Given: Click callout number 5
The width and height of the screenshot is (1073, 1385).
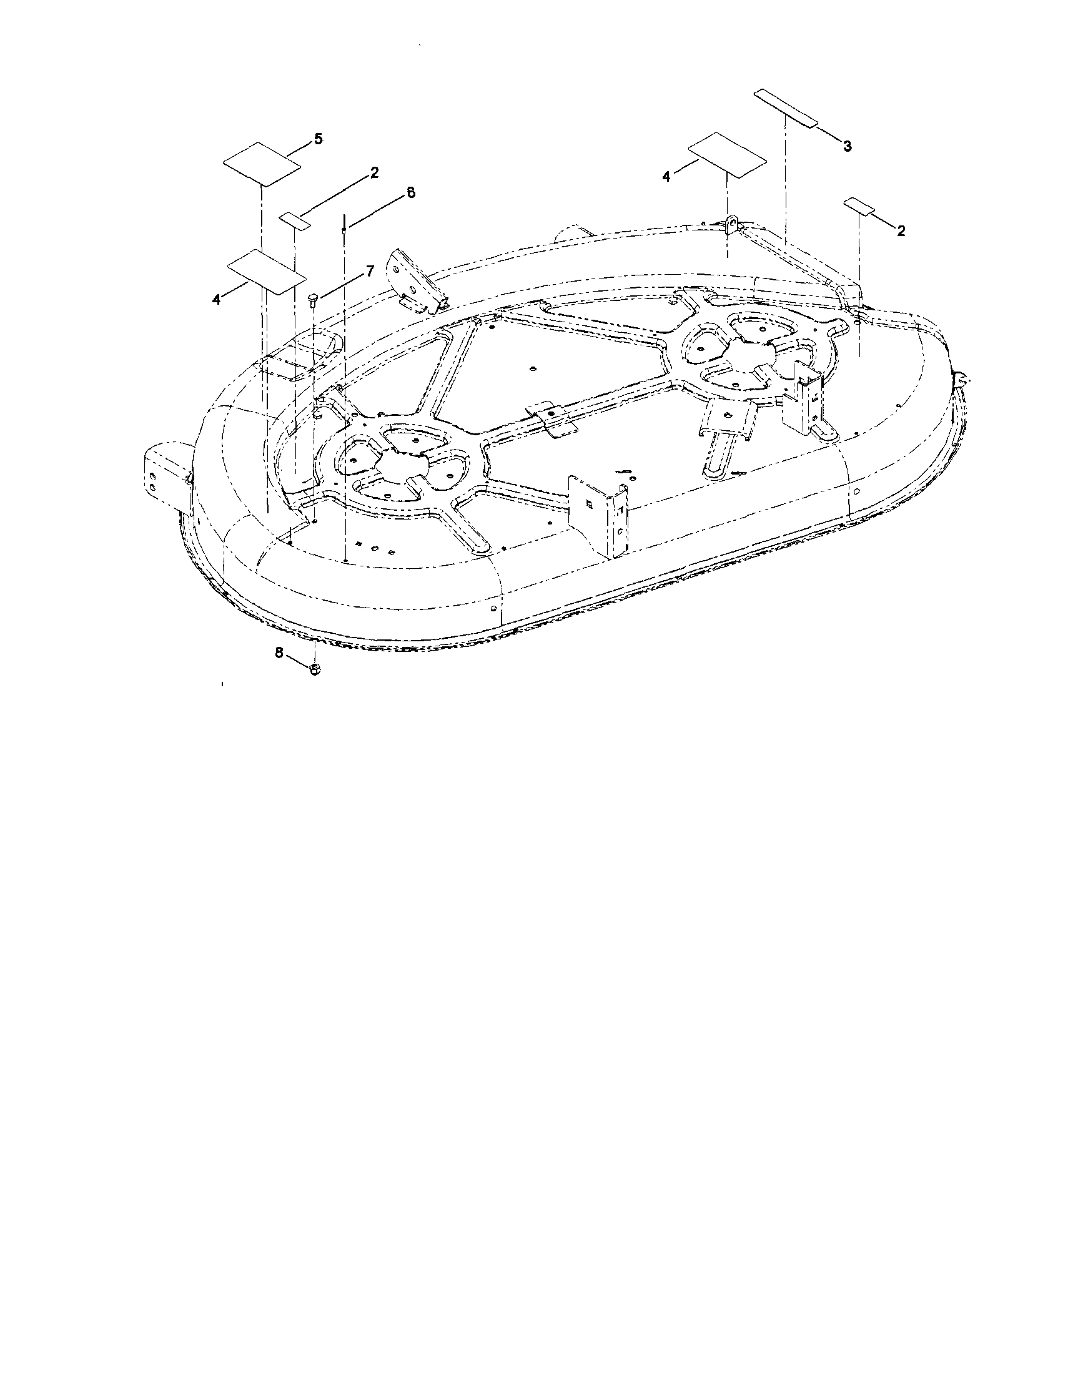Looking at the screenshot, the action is (x=318, y=139).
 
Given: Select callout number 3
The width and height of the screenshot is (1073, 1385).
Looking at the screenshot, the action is (x=848, y=146).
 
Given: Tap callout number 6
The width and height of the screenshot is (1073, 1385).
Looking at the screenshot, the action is (x=411, y=192).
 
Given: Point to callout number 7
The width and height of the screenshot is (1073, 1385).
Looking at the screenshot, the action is (x=370, y=271).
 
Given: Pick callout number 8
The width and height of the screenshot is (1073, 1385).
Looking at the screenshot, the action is (x=279, y=653).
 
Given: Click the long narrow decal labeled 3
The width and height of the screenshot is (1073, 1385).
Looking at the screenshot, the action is (x=785, y=109).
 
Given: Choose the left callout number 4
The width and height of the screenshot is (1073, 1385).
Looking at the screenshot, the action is (x=217, y=299).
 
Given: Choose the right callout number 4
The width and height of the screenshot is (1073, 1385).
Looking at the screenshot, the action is (x=666, y=177).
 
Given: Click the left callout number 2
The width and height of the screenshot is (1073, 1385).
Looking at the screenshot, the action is (x=374, y=172).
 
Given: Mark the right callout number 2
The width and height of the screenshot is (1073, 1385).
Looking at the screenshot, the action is (x=901, y=231).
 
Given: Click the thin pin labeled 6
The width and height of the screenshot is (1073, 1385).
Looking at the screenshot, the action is (x=344, y=225).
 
